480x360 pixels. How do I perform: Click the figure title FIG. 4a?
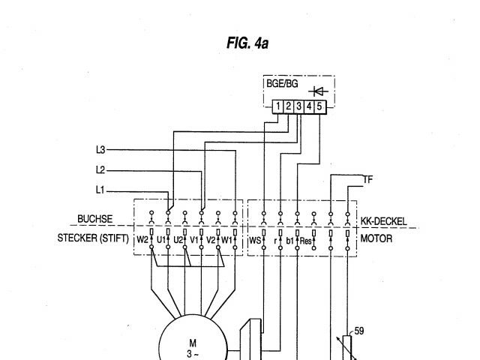click(247, 44)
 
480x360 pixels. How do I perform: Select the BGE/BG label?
click(282, 84)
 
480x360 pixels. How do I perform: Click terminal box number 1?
click(277, 107)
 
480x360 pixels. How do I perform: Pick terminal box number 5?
click(319, 107)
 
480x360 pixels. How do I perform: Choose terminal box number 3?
click(298, 107)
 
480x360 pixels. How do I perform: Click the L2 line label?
click(101, 169)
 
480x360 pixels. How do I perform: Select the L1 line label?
click(101, 189)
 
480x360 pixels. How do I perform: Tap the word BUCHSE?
click(95, 220)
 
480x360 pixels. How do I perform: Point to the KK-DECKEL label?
click(383, 222)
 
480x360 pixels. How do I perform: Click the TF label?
click(367, 179)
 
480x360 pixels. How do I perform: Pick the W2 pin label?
click(142, 240)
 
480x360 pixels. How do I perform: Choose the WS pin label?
click(254, 240)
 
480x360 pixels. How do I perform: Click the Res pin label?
click(305, 240)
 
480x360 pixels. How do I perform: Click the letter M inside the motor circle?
click(193, 343)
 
